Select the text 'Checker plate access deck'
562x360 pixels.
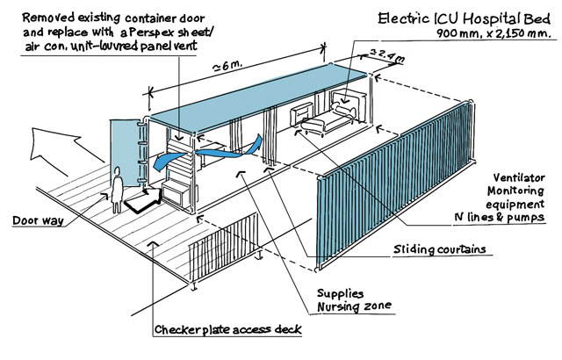(227, 331)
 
